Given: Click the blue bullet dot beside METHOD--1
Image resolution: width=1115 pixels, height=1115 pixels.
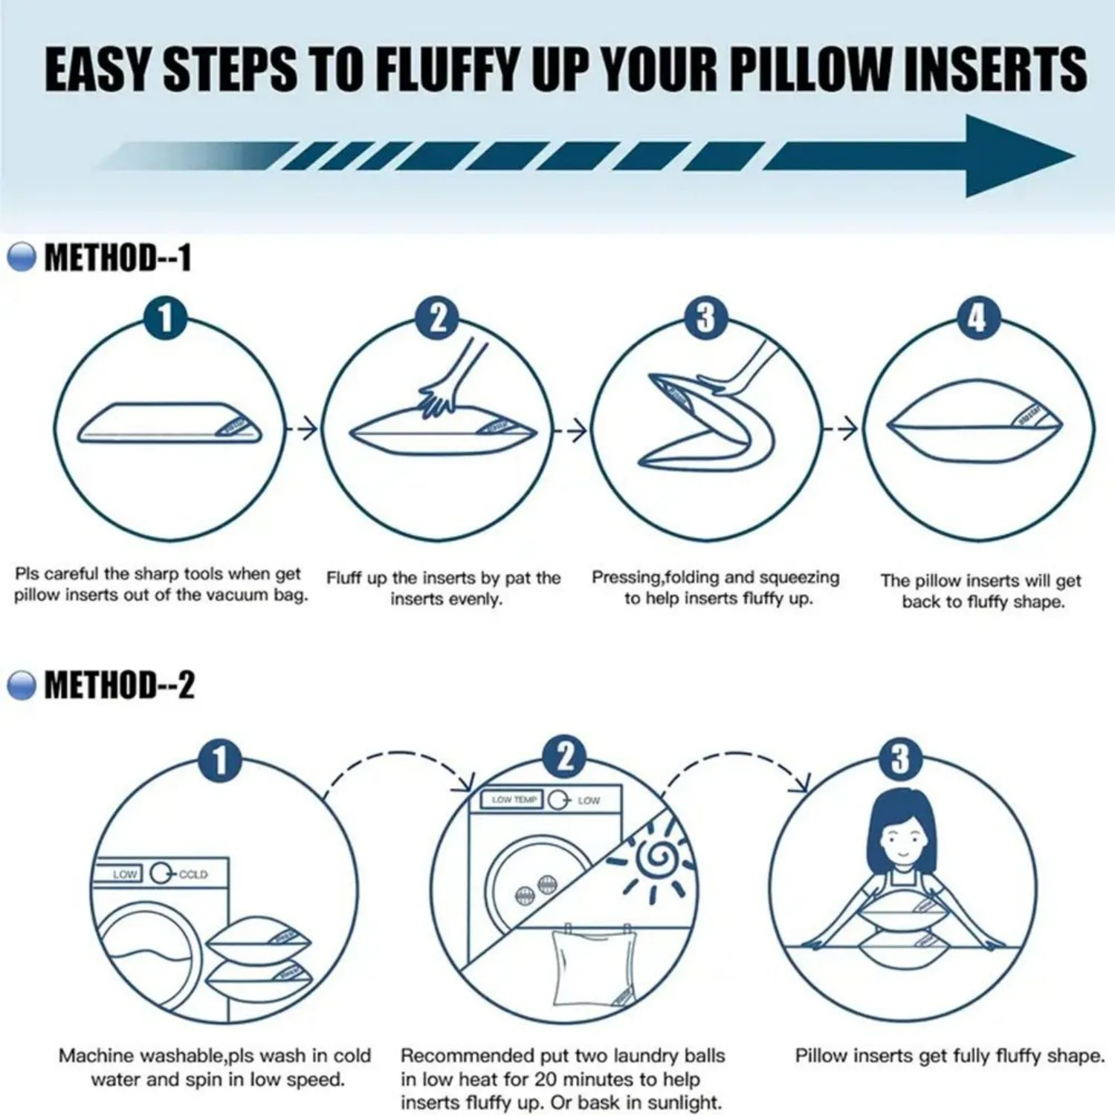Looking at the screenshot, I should pyautogui.click(x=22, y=257).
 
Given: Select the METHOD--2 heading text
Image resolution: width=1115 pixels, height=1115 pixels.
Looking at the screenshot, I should pyautogui.click(x=119, y=685).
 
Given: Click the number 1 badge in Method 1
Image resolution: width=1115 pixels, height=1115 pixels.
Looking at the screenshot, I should pyautogui.click(x=165, y=318).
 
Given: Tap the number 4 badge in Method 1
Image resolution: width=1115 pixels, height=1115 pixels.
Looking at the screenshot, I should pyautogui.click(x=978, y=318).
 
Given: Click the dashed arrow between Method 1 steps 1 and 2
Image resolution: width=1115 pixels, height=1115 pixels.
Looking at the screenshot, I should pyautogui.click(x=303, y=429).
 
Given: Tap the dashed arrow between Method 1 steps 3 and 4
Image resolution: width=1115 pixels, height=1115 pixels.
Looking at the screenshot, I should pyautogui.click(x=841, y=429).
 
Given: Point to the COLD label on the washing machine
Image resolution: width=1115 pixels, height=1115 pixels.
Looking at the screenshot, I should pyautogui.click(x=193, y=874).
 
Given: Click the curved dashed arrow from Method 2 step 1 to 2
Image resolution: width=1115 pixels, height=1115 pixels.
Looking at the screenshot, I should pyautogui.click(x=401, y=766).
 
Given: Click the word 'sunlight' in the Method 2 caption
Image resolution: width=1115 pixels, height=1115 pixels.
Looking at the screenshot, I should pyautogui.click(x=683, y=1102).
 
